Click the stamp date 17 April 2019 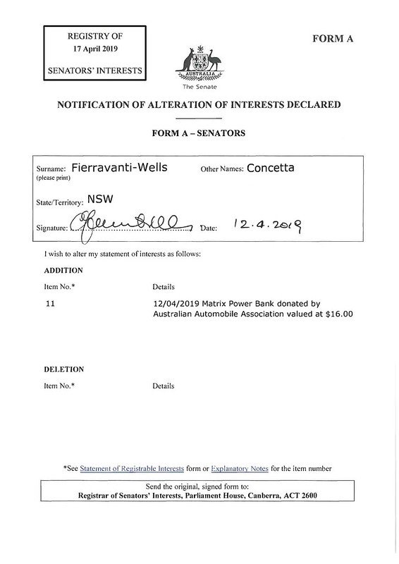point(94,50)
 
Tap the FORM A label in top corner point(331,39)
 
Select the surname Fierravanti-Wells point(121,169)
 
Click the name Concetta point(271,169)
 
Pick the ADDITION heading point(63,270)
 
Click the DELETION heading point(63,369)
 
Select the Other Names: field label point(222,170)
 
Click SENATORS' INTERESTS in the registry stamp point(94,71)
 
